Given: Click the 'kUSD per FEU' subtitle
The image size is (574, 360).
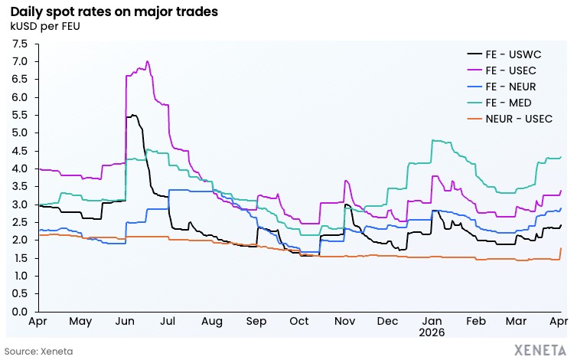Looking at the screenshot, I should pos(45,28).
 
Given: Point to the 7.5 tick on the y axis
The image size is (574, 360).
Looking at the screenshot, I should pos(19,44).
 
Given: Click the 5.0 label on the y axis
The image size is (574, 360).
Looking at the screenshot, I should pos(19,133).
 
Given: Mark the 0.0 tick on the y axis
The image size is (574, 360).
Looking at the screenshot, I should pos(19,312).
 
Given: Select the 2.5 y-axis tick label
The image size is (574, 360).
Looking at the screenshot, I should pos(19,222).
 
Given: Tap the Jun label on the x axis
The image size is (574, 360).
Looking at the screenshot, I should pos(124,323).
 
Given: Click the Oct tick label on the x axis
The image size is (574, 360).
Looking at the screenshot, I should pos(299,323).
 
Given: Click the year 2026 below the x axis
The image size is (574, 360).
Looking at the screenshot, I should pos(431,335).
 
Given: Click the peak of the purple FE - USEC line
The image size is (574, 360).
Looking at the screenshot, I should pos(147,61).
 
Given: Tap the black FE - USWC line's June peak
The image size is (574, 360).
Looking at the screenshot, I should pos(134,115).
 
